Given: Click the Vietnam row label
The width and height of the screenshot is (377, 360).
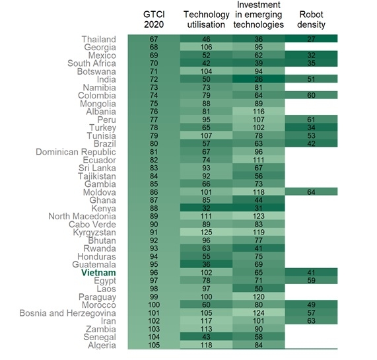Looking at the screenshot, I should pos(98,272).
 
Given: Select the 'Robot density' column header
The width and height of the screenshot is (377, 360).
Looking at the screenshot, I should pos(311,19).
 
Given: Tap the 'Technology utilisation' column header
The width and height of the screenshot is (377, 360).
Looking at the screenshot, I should pos(206,19).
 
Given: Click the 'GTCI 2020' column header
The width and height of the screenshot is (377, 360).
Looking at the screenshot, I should pos(154,19).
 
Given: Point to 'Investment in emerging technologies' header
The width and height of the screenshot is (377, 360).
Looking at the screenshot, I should pos(258,15).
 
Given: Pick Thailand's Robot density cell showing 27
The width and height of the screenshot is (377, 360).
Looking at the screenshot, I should pos(311,40).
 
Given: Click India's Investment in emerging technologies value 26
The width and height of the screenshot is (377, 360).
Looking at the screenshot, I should pos(258,79).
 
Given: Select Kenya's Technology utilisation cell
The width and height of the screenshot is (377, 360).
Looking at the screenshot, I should pos(206,208).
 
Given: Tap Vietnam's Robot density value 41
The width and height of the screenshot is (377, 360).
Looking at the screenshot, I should pos(311,272).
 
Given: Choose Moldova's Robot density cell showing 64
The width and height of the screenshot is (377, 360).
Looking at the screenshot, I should pos(311,192).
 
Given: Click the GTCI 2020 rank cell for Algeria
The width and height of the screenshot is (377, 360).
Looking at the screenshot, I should pos(154,345).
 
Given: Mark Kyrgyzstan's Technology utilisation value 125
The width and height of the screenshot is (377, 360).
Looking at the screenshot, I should pos(206,233).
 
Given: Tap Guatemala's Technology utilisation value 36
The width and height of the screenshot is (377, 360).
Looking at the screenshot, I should pos(206,264).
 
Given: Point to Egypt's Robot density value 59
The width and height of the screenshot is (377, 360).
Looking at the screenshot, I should pos(311,281).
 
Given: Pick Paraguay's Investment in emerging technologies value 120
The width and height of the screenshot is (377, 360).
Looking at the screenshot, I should pos(258,297).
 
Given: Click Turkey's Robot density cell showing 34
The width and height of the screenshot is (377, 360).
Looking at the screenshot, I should pos(311,127).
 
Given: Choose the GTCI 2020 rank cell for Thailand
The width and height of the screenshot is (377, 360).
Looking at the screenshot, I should pos(154,40).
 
